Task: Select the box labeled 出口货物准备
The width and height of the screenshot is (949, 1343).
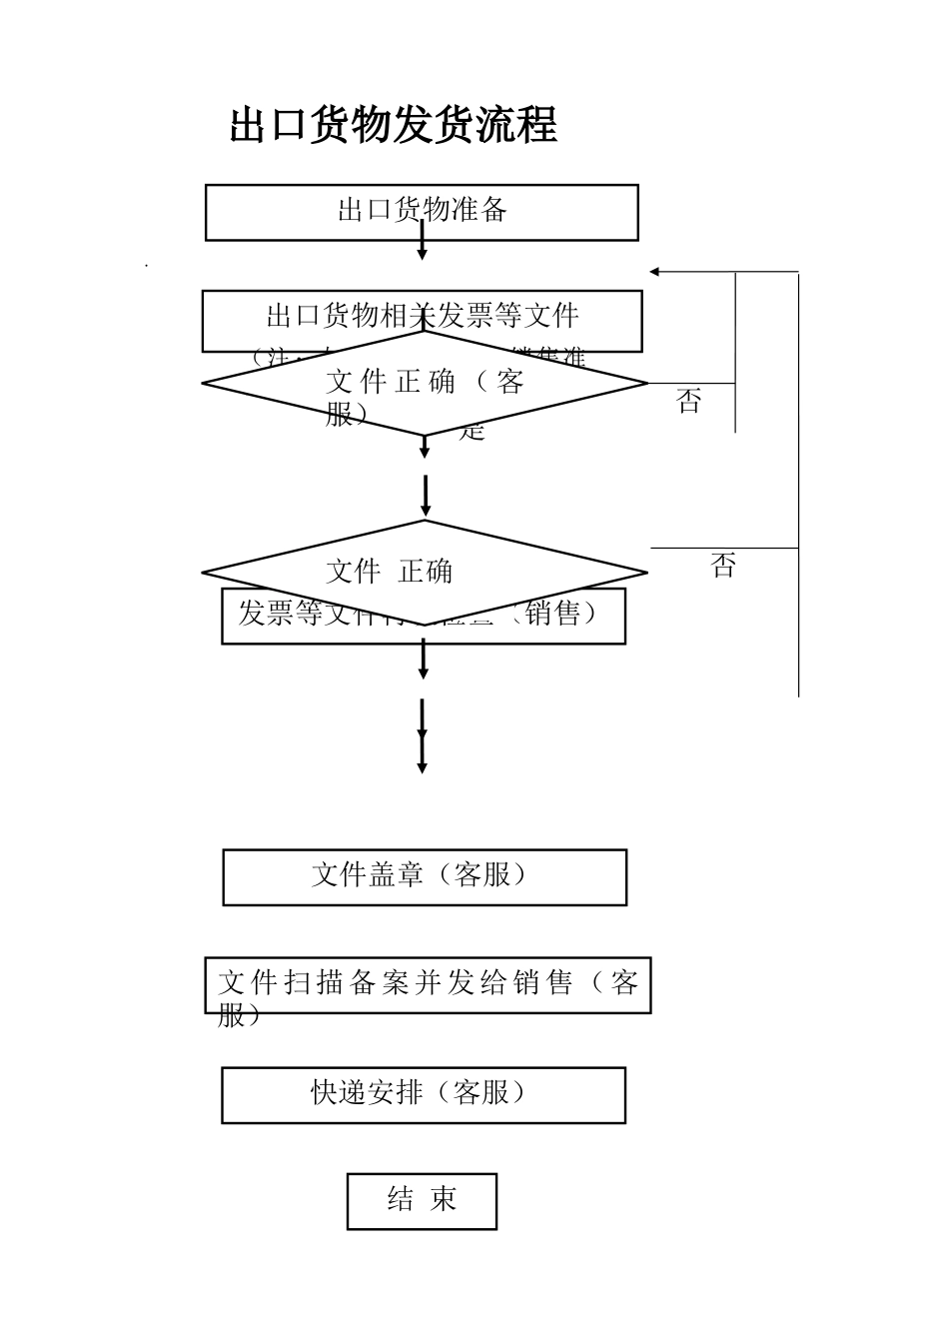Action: click(x=422, y=212)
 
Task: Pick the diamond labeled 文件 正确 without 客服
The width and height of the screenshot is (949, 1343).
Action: click(x=425, y=572)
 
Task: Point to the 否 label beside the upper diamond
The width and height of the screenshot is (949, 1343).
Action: click(x=688, y=403)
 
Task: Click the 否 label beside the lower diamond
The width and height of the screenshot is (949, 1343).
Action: click(x=723, y=567)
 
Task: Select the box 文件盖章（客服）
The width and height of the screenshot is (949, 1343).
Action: click(x=425, y=877)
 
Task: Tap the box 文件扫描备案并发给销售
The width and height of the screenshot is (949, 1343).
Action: click(x=428, y=985)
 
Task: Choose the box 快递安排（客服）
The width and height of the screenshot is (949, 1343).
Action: click(x=424, y=1095)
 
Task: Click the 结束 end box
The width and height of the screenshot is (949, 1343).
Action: click(x=422, y=1201)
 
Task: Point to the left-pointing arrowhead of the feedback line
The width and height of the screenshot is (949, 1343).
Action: click(x=655, y=272)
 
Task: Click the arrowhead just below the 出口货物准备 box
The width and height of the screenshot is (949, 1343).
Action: click(x=422, y=254)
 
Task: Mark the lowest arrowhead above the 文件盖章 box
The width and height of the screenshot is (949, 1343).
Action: click(x=422, y=766)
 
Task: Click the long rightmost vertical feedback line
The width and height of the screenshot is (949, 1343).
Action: click(x=799, y=480)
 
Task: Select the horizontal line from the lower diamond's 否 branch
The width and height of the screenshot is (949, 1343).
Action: click(x=724, y=549)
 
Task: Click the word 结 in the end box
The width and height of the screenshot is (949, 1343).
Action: click(x=400, y=1200)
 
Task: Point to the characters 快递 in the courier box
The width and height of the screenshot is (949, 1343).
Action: click(x=339, y=1093)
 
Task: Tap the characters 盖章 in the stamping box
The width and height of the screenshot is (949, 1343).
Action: click(x=398, y=875)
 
